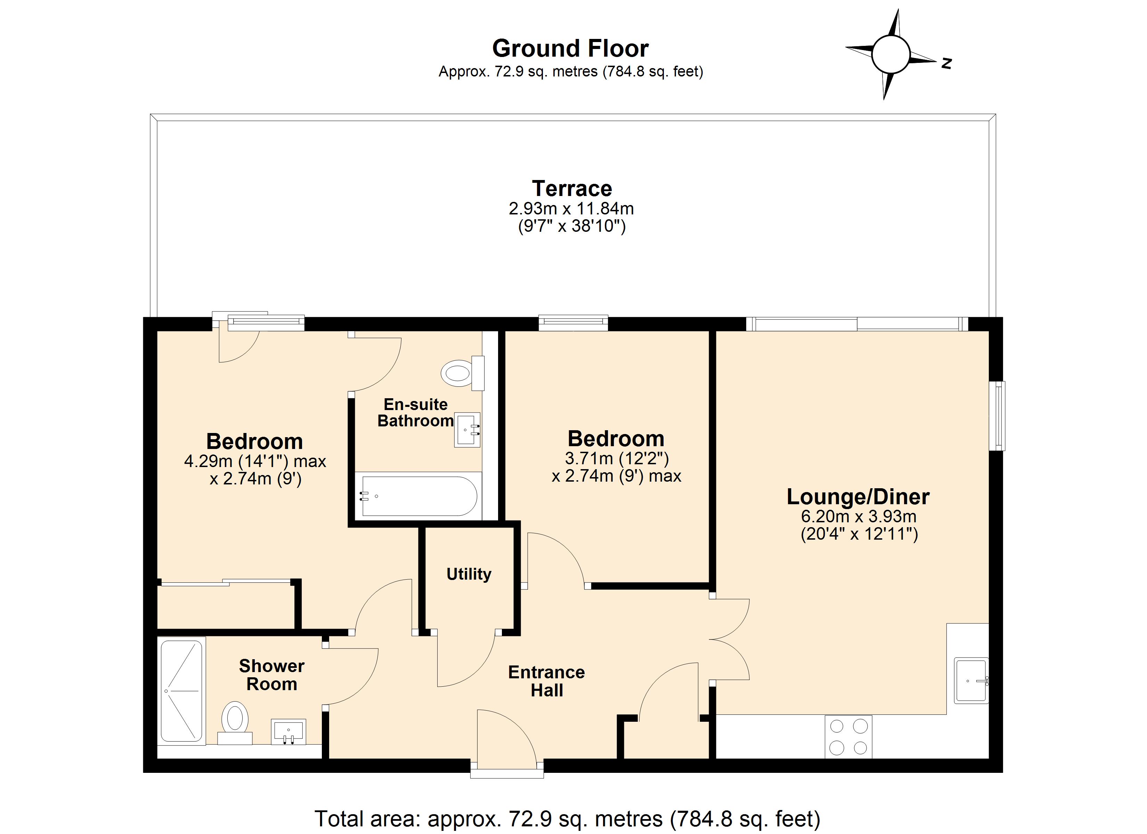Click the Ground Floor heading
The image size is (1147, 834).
tap(570, 49)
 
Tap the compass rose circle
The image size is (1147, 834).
tap(890, 54)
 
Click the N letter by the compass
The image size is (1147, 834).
tap(946, 63)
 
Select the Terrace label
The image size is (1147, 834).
tap(571, 189)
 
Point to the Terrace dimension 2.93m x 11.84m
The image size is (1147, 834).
tap(571, 208)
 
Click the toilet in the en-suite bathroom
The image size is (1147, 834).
tap(460, 373)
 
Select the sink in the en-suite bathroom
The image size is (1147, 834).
tap(467, 430)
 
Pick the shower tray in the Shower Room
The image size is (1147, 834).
tap(181, 691)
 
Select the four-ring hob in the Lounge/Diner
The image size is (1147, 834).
tap(848, 737)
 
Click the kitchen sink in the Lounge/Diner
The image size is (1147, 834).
tap(970, 681)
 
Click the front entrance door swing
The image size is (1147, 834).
tap(506, 736)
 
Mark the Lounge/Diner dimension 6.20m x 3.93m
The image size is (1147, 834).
tap(858, 516)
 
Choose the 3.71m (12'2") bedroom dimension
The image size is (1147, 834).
tap(617, 459)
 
